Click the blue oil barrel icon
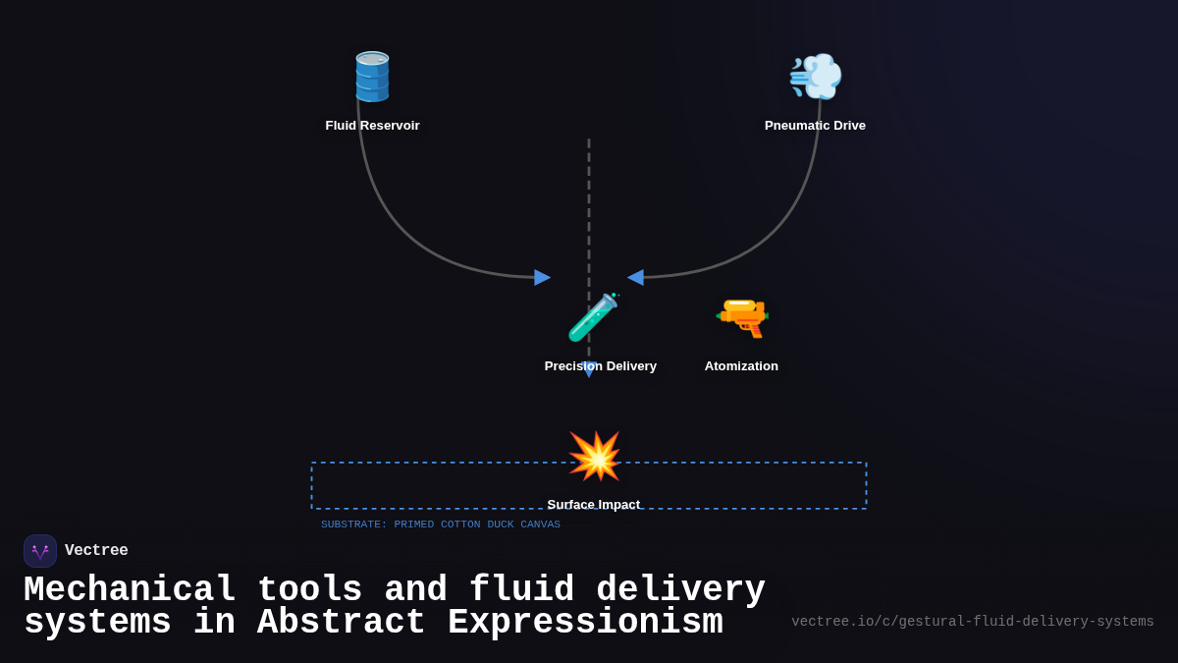[x=372, y=77]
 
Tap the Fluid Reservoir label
[x=372, y=126]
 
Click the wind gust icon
[x=816, y=77]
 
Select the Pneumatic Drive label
[x=815, y=126]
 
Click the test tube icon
[x=592, y=317]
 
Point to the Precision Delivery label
[x=600, y=366]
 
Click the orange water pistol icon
[x=742, y=317]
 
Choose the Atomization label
[x=741, y=366]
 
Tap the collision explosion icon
[x=595, y=456]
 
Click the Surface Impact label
[x=593, y=504]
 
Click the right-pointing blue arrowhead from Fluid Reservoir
[x=542, y=277]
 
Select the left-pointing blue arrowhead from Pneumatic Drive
[x=636, y=277]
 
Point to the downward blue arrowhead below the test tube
[x=589, y=370]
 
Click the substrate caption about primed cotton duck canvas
[x=440, y=525]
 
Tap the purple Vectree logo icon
[x=40, y=551]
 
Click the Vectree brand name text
[x=96, y=551]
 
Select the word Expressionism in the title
[x=585, y=624]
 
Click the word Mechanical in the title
[x=130, y=590]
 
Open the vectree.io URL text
[x=972, y=622]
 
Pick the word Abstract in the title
[x=341, y=624]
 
